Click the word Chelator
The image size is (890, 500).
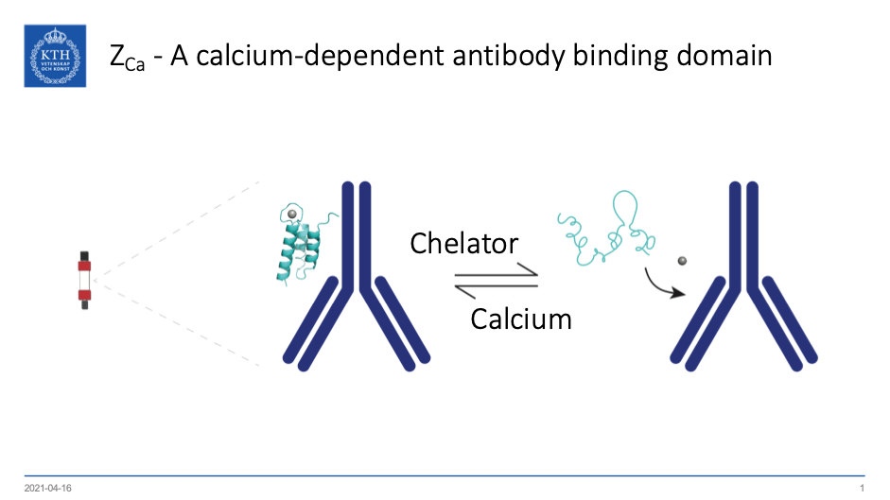click(463, 244)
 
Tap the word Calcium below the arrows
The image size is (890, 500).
click(521, 319)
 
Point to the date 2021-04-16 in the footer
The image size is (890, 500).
click(48, 488)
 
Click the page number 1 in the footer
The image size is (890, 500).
click(863, 488)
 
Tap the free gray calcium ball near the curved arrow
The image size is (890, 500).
click(681, 260)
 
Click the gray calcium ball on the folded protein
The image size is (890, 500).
click(292, 216)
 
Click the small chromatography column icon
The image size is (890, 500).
click(85, 281)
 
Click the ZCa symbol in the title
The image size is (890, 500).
click(127, 58)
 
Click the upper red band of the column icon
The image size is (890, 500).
click(85, 266)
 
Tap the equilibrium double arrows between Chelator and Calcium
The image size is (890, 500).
click(496, 281)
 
